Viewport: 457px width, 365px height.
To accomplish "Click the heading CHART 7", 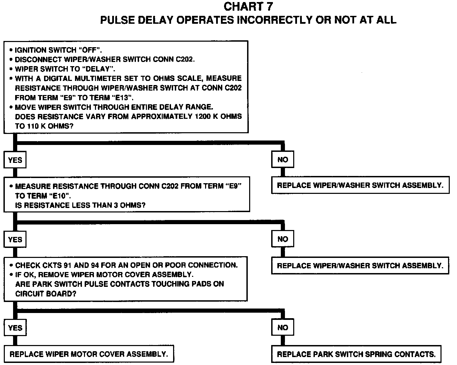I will (x=248, y=6).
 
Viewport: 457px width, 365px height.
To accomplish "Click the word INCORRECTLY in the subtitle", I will (x=274, y=20).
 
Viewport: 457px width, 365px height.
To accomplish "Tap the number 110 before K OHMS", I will (x=33, y=126).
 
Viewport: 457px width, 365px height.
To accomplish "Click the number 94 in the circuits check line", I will (x=95, y=265).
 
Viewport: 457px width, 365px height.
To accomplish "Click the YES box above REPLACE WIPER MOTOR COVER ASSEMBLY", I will (x=15, y=327).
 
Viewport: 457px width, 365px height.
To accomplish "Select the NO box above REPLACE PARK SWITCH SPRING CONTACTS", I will (x=283, y=327).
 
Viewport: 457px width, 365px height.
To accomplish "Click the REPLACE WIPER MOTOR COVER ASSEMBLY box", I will (x=88, y=354).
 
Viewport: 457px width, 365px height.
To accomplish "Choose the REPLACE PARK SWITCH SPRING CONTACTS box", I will (x=356, y=354).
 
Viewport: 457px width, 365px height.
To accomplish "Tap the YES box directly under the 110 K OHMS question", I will (x=15, y=160).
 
